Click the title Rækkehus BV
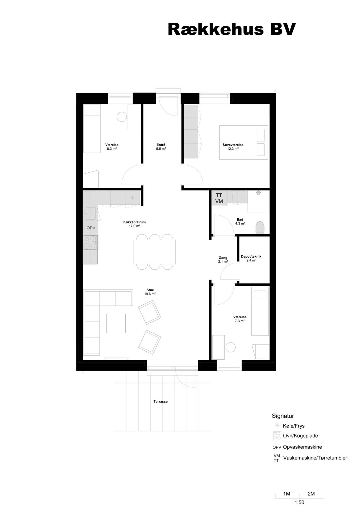232,29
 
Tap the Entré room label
161,145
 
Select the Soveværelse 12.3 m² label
233,147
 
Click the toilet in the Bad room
260,228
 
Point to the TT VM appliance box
219,198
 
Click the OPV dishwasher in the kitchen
91,228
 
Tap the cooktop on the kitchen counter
90,242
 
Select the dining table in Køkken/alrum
154,252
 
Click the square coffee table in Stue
116,323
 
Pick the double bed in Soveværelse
243,142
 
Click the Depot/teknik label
251,256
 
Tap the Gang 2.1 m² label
223,259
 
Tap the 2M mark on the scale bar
311,494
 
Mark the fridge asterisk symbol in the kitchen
133,198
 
